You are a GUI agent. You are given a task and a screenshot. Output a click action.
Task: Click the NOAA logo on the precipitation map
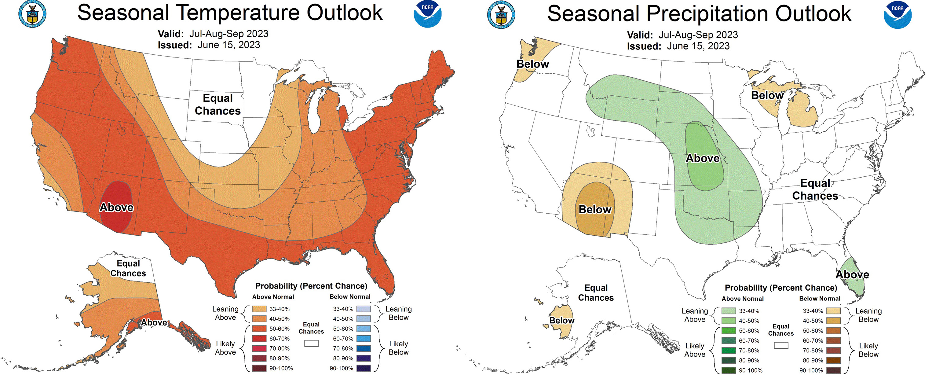(897, 15)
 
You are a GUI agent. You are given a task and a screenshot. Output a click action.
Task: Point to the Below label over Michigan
(767, 95)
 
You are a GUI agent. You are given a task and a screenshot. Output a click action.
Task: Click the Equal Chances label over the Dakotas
(217, 104)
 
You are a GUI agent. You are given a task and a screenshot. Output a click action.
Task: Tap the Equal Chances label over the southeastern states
(815, 189)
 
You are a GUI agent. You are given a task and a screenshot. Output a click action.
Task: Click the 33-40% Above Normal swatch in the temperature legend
(259, 309)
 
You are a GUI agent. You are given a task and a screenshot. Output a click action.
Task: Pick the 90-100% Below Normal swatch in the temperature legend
(363, 368)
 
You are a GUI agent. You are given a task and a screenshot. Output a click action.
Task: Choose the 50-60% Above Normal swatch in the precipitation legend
(729, 331)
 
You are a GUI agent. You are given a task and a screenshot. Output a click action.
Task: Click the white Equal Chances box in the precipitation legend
(781, 345)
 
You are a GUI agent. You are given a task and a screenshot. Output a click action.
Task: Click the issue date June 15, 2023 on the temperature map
(229, 45)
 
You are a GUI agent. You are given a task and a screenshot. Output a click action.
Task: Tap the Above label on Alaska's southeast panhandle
(154, 323)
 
